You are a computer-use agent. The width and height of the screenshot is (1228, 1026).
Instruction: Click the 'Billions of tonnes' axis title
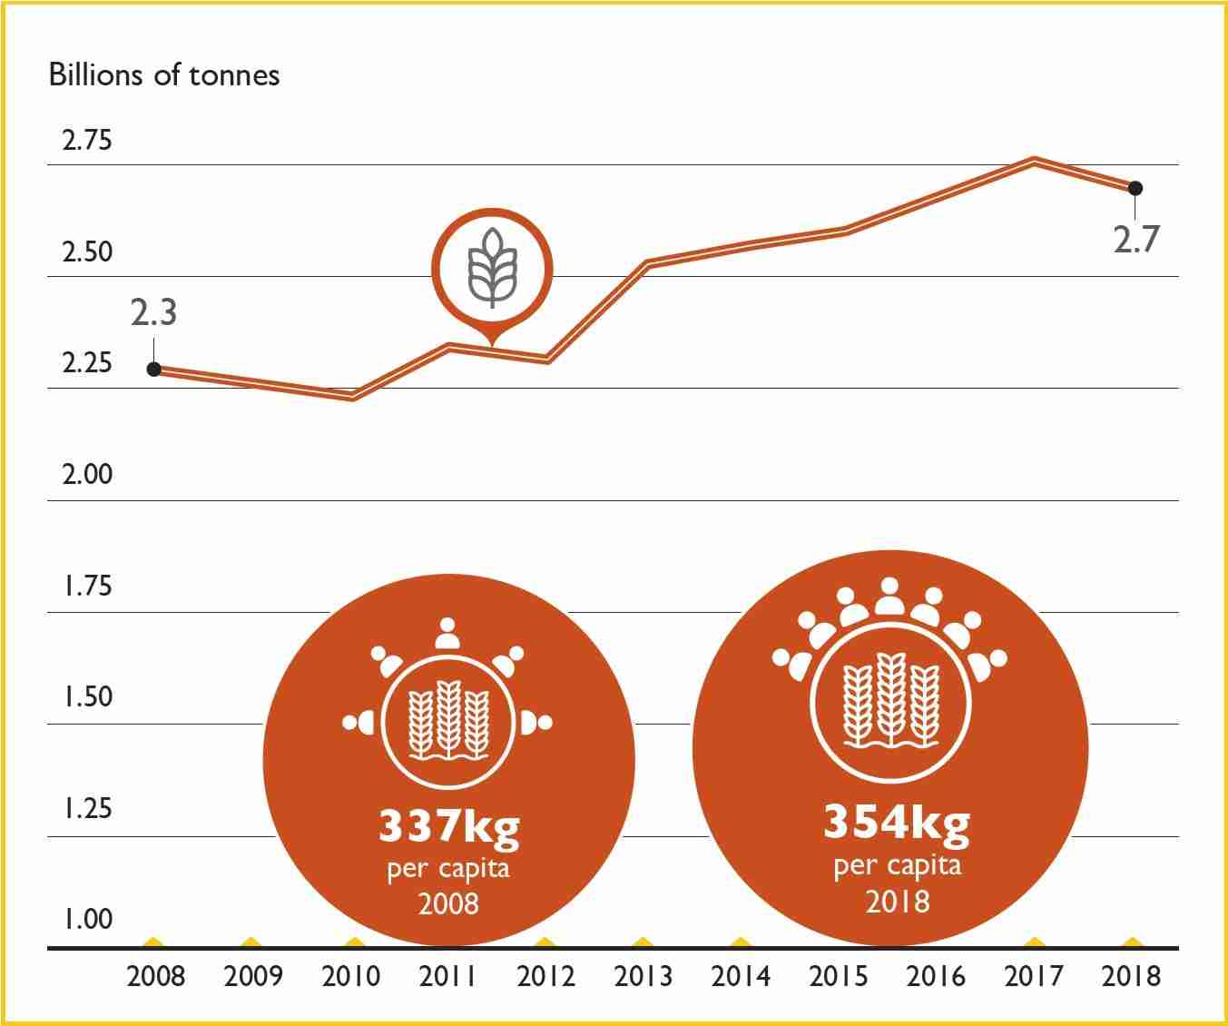point(164,74)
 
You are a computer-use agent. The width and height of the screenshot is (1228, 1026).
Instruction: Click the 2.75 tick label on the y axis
point(86,142)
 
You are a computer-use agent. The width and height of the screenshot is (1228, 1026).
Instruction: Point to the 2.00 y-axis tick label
point(87,474)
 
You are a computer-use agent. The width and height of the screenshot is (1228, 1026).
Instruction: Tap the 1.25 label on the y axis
point(87,807)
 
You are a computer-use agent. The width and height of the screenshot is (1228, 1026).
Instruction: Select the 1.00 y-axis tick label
point(87,919)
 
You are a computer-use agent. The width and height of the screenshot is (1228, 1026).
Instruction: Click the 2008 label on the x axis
point(155,977)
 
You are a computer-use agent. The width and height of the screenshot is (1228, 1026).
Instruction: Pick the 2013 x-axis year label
point(643,977)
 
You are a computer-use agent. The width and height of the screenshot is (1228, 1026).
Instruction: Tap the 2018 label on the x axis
point(1131,977)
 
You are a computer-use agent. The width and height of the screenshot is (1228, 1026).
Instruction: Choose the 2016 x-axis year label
point(936,977)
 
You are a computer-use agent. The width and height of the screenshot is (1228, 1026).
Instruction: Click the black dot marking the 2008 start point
point(154,370)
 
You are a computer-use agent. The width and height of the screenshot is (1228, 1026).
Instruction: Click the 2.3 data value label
point(153,312)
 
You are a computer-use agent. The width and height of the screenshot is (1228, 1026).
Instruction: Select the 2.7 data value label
point(1136,239)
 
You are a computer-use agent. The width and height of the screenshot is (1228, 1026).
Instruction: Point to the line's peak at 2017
point(1034,162)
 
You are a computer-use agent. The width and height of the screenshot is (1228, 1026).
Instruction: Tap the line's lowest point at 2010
point(354,396)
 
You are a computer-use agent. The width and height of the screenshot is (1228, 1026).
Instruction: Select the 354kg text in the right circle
point(896,822)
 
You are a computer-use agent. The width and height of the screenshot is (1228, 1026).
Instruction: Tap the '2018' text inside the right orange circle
point(897,902)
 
